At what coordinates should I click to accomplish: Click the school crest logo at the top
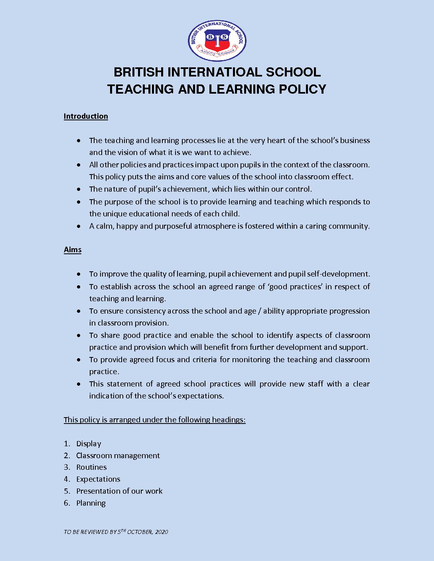click(x=217, y=41)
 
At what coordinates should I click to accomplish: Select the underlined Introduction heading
click(x=86, y=116)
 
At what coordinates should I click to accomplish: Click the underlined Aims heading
click(x=73, y=250)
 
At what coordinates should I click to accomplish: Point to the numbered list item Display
click(x=89, y=444)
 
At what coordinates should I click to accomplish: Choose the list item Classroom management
click(x=118, y=455)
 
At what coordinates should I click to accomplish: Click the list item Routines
click(x=91, y=467)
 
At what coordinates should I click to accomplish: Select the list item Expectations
click(x=98, y=479)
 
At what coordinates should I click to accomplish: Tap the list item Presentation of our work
click(x=119, y=491)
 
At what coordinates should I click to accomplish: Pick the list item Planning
click(x=91, y=503)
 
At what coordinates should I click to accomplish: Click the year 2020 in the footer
click(x=162, y=532)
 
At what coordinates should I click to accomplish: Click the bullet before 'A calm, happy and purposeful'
click(x=80, y=226)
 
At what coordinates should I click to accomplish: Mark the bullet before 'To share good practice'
click(x=80, y=335)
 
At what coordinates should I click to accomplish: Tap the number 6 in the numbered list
click(x=67, y=503)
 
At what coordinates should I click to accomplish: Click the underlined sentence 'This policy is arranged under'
click(x=154, y=420)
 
